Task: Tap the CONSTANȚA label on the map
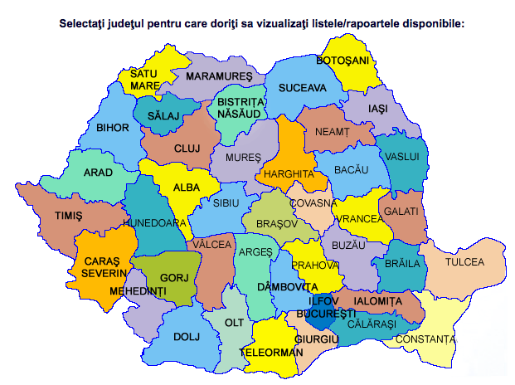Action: (x=425, y=339)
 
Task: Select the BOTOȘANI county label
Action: (x=342, y=61)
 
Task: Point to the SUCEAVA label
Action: (x=303, y=87)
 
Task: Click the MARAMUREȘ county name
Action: (x=219, y=76)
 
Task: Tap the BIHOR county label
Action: (x=113, y=129)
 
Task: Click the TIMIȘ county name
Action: (x=69, y=215)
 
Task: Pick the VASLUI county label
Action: (x=403, y=156)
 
